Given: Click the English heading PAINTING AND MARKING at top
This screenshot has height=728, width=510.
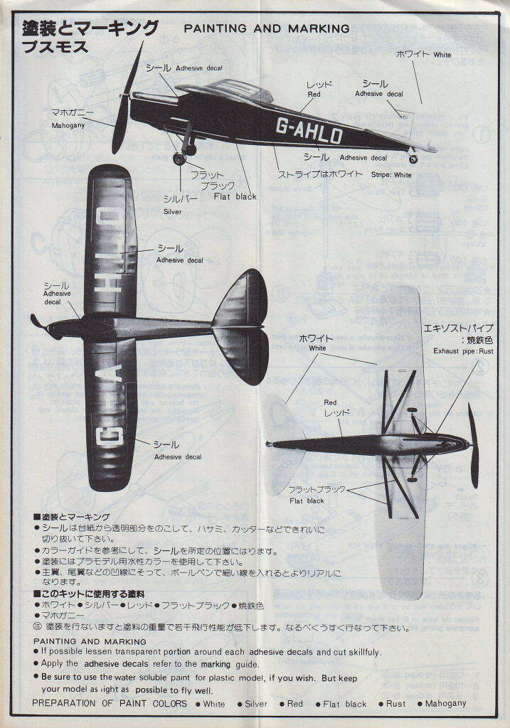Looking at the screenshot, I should pyautogui.click(x=267, y=28).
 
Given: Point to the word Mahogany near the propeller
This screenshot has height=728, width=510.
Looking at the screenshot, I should pyautogui.click(x=68, y=126).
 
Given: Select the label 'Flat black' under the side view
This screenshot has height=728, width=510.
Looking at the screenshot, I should pyautogui.click(x=235, y=197).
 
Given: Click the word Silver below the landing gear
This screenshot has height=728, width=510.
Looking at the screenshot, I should pyautogui.click(x=172, y=212).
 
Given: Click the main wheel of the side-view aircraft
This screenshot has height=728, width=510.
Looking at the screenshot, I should pyautogui.click(x=179, y=159).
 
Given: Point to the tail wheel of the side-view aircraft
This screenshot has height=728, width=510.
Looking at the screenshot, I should pyautogui.click(x=413, y=159).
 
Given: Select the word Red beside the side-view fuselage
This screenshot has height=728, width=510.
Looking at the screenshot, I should pyautogui.click(x=314, y=94).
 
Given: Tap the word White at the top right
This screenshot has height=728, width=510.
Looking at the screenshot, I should pyautogui.click(x=442, y=55).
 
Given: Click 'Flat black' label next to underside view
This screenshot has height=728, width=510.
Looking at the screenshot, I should pyautogui.click(x=307, y=500).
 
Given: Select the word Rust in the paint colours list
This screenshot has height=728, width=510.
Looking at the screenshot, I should pyautogui.click(x=396, y=704).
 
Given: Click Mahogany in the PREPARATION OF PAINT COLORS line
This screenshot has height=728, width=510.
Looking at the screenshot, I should pyautogui.click(x=445, y=704).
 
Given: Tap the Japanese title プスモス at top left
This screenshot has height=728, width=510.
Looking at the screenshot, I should pyautogui.click(x=55, y=48).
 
